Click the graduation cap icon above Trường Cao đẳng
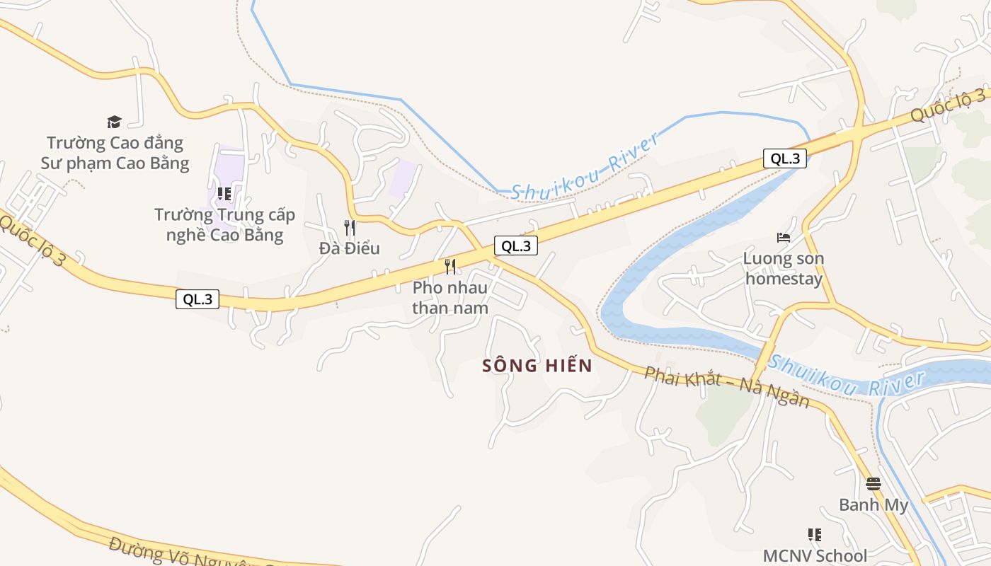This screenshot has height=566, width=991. pyautogui.click(x=114, y=122)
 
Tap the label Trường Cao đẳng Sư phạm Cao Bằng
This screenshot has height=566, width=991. pyautogui.click(x=115, y=154)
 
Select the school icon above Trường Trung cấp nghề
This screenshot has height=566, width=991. pyautogui.click(x=224, y=193)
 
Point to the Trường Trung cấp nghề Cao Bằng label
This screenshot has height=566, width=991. pyautogui.click(x=224, y=225)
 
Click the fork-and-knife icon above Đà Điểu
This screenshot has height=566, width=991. pyautogui.click(x=350, y=227)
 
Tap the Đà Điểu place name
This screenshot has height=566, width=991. pyautogui.click(x=350, y=248)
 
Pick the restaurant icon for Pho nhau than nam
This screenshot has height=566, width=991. pyautogui.click(x=450, y=267)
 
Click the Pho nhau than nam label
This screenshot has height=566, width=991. pyautogui.click(x=450, y=298)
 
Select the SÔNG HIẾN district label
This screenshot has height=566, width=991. pyautogui.click(x=537, y=366)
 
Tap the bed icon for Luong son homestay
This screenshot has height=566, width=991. pyautogui.click(x=783, y=238)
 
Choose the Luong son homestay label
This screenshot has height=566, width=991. pyautogui.click(x=784, y=269)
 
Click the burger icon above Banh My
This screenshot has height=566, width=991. pyautogui.click(x=873, y=484)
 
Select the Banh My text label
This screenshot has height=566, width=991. pyautogui.click(x=873, y=505)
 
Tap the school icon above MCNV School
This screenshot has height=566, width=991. pyautogui.click(x=815, y=535)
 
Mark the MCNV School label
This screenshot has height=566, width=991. pyautogui.click(x=815, y=556)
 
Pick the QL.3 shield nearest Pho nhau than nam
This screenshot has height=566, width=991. pyautogui.click(x=516, y=246)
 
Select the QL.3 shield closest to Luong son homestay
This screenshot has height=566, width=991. pyautogui.click(x=785, y=158)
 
